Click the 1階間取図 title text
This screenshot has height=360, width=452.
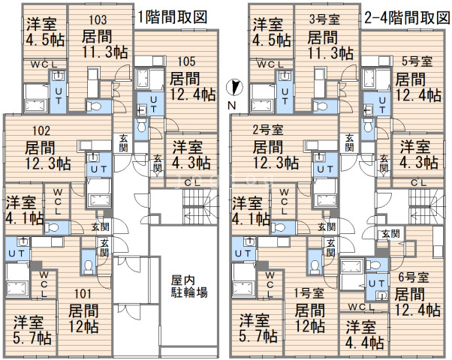point(172,17)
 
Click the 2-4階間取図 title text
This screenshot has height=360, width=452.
point(407,18)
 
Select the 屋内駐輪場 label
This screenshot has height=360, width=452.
point(188,286)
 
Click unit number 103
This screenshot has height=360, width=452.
point(98,19)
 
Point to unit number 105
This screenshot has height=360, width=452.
point(186,61)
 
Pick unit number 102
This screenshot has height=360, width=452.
point(41,131)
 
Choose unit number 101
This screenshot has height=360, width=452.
point(83,294)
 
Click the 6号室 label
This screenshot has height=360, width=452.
point(413,277)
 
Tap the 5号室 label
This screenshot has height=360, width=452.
point(417,61)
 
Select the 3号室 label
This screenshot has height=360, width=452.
point(324,19)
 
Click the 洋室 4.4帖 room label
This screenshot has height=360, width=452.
point(364,334)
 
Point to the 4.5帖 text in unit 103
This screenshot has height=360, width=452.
point(45,40)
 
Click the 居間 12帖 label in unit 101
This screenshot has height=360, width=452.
point(83,319)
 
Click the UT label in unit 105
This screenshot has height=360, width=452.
point(153,104)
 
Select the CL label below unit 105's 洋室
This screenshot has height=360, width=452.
point(192,182)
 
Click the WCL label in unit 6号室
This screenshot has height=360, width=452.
point(360,307)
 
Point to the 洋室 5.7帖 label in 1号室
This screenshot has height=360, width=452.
point(258,328)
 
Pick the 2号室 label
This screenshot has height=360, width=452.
point(268,130)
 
